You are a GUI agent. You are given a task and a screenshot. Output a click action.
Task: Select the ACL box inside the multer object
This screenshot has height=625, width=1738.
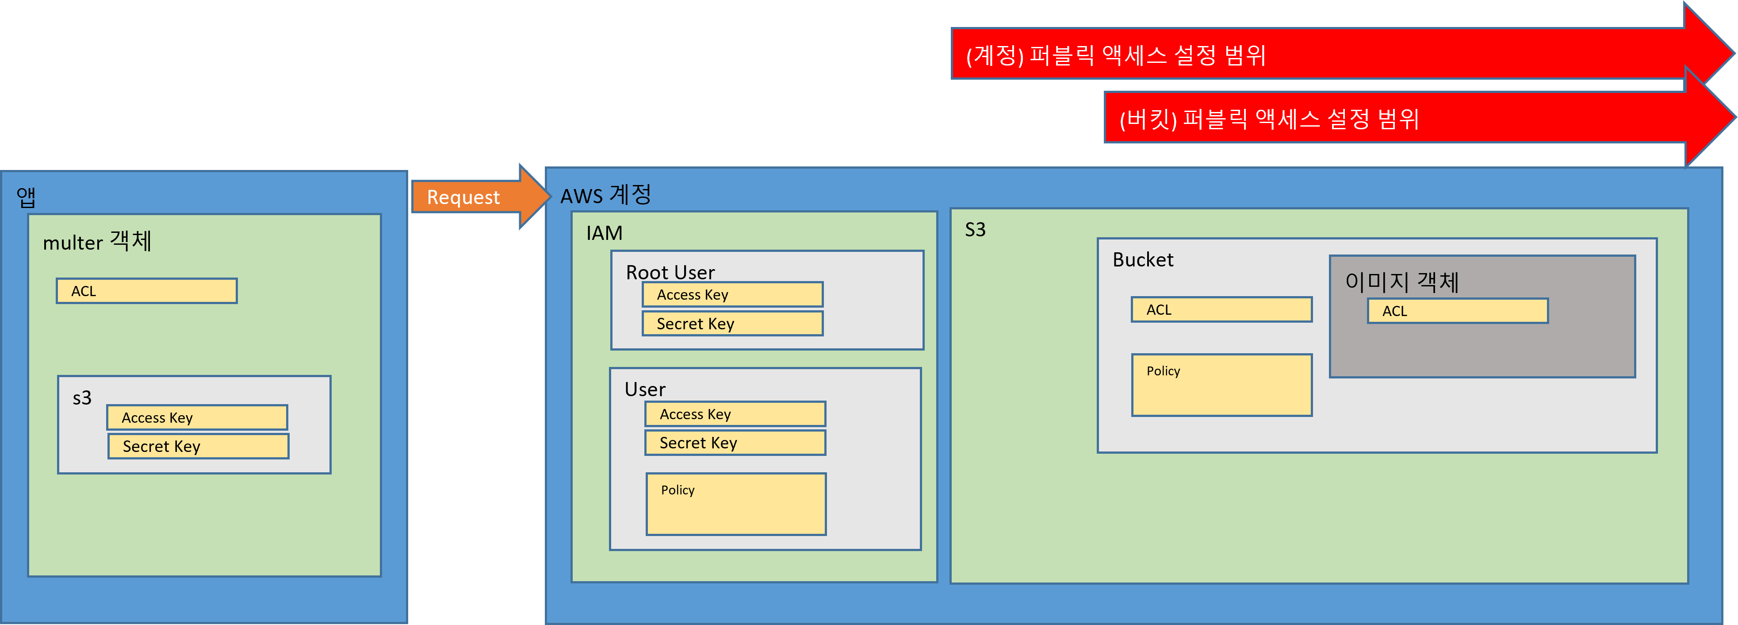point(146,291)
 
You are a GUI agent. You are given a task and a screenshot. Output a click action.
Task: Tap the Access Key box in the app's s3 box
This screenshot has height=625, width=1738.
point(197,417)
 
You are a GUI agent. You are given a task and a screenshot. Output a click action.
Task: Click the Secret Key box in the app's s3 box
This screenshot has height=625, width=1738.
point(199,446)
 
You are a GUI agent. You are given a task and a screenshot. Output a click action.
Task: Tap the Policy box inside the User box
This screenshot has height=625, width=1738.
point(735,504)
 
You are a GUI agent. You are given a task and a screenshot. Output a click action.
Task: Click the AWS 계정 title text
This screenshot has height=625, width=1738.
point(605,195)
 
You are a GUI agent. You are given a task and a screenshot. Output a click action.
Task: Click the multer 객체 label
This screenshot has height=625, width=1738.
point(97,242)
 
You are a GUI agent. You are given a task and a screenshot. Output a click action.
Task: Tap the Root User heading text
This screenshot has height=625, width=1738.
point(670,272)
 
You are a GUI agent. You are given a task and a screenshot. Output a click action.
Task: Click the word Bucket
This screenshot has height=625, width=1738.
point(1142,260)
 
